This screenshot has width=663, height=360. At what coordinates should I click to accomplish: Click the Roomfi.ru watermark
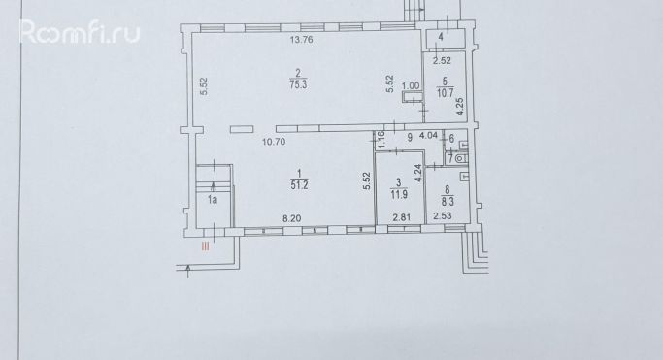pyautogui.click(x=80, y=31)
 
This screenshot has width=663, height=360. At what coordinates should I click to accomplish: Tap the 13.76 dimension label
pyautogui.click(x=302, y=40)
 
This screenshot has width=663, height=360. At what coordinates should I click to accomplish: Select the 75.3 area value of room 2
pyautogui.click(x=299, y=84)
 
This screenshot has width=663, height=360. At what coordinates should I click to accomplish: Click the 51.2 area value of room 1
pyautogui.click(x=299, y=184)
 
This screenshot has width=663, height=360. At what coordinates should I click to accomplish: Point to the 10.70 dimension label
pyautogui.click(x=274, y=142)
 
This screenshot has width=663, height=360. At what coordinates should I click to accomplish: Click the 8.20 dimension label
pyautogui.click(x=292, y=218)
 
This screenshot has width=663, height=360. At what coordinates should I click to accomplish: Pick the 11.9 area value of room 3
pyautogui.click(x=399, y=195)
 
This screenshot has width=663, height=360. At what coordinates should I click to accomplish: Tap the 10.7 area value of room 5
pyautogui.click(x=446, y=93)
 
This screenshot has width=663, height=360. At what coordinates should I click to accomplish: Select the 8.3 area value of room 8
pyautogui.click(x=448, y=203)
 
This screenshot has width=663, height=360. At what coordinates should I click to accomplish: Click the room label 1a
pyautogui.click(x=213, y=200)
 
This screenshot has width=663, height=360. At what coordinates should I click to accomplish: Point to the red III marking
pyautogui.click(x=206, y=246)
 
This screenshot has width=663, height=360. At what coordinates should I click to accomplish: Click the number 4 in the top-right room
pyautogui.click(x=441, y=37)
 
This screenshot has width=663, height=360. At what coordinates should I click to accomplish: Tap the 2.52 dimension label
pyautogui.click(x=442, y=61)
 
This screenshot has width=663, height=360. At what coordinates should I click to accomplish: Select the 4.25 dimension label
pyautogui.click(x=460, y=106)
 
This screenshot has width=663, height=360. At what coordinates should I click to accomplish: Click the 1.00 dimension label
pyautogui.click(x=411, y=85)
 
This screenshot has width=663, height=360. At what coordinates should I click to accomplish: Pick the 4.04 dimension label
pyautogui.click(x=428, y=136)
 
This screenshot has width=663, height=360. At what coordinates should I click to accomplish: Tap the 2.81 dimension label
pyautogui.click(x=402, y=217)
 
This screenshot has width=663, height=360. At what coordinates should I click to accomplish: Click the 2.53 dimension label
pyautogui.click(x=443, y=216)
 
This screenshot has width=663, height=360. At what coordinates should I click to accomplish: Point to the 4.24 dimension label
pyautogui.click(x=418, y=174)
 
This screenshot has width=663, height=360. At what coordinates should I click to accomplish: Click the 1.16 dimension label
pyautogui.click(x=381, y=140)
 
